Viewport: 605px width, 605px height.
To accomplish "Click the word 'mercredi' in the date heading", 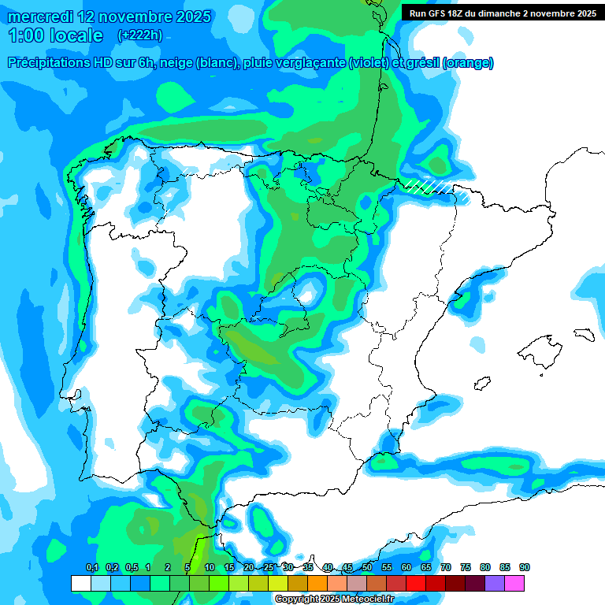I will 39,17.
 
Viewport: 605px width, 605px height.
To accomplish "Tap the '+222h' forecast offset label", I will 139,35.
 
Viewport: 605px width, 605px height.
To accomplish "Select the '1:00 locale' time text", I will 55,35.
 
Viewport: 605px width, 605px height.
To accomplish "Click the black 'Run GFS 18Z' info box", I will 503,13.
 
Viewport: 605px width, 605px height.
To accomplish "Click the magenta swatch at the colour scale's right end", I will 514,584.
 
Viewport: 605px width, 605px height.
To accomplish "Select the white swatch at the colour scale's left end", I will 80,584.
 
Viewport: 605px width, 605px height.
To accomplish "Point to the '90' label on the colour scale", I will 525,567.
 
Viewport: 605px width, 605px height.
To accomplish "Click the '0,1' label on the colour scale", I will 91,567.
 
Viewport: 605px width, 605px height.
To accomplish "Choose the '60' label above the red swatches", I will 406,567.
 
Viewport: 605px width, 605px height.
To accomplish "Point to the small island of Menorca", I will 584,333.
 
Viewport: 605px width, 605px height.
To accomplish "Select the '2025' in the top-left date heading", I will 188,17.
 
